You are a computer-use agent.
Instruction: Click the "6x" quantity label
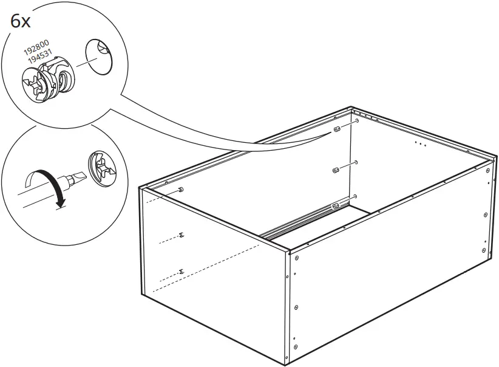coord(21,22)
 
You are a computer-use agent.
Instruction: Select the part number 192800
coord(36,47)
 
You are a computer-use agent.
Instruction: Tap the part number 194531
coord(39,55)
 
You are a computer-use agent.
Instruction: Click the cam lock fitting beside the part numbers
coord(49,80)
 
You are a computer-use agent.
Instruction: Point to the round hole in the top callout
coord(99,57)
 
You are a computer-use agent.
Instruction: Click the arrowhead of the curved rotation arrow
coord(61,202)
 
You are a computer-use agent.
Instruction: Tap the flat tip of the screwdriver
coord(78,176)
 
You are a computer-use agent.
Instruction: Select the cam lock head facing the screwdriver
coord(101,169)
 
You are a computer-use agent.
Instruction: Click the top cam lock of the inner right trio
coord(337,129)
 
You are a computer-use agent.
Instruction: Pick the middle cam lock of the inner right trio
coord(336,170)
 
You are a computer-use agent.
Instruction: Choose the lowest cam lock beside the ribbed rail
coord(336,207)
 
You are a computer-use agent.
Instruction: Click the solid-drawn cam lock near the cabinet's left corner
coord(181,190)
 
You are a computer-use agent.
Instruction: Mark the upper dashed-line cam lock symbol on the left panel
coord(182,235)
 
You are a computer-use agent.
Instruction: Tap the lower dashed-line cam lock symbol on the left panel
coord(181,272)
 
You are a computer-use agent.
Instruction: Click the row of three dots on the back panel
coord(421,143)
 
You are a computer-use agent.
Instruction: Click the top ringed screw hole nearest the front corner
coord(297,258)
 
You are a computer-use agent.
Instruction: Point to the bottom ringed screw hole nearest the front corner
coord(296,346)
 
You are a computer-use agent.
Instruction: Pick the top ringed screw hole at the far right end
coord(487,171)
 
